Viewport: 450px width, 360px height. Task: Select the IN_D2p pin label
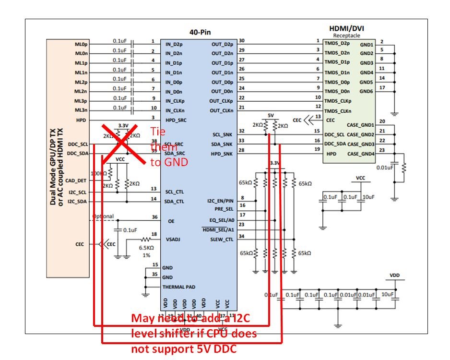tap(176, 44)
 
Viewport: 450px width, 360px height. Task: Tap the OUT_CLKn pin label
tap(221, 111)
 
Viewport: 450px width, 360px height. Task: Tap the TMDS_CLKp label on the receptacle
tap(338, 101)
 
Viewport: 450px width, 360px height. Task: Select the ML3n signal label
tap(81, 110)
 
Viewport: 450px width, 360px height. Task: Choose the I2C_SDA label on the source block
tap(78, 202)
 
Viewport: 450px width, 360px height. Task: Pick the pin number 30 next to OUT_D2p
tap(241, 41)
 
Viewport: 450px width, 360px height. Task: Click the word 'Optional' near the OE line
tap(103, 216)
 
